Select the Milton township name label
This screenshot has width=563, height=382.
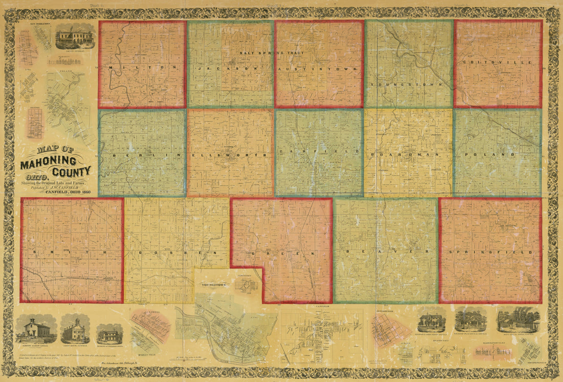[142, 68]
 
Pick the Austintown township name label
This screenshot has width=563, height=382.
[319, 68]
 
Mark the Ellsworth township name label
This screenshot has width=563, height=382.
[230, 154]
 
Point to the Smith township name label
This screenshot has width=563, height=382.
[72, 253]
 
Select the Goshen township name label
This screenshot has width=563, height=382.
[177, 253]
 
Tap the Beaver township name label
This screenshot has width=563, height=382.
[385, 252]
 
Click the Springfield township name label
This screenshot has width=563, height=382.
[490, 252]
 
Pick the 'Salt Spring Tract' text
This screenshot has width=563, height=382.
[272, 53]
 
